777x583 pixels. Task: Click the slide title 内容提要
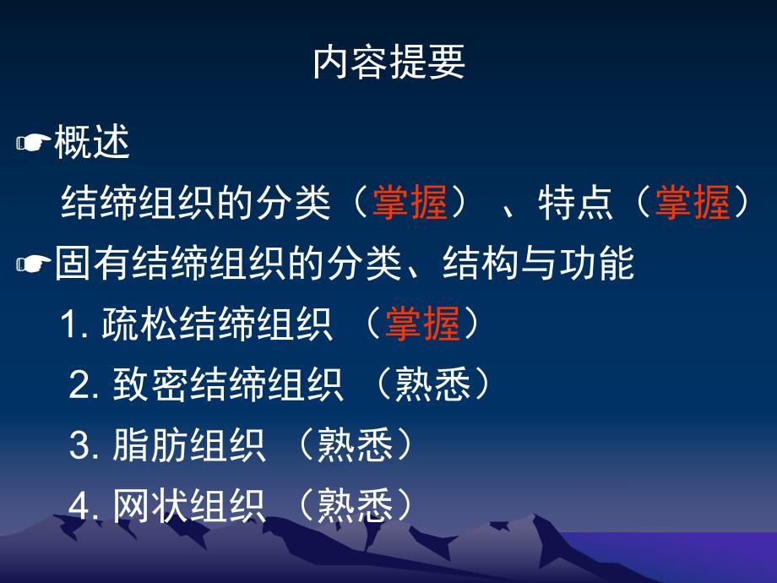pyautogui.click(x=388, y=63)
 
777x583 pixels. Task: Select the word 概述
pyautogui.click(x=92, y=144)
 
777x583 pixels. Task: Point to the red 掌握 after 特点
pyautogui.click(x=693, y=204)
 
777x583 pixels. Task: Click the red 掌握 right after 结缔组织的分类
pyautogui.click(x=410, y=204)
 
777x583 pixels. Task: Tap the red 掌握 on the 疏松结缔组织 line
pyautogui.click(x=422, y=324)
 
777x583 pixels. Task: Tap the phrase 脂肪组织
pyautogui.click(x=189, y=446)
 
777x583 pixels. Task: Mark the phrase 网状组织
pyautogui.click(x=189, y=506)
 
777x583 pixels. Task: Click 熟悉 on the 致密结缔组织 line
pyautogui.click(x=432, y=386)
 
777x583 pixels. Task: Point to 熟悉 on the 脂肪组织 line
pyautogui.click(x=355, y=446)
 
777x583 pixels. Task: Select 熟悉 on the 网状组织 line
pyautogui.click(x=355, y=506)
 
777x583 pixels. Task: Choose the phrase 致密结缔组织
pyautogui.click(x=228, y=386)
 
